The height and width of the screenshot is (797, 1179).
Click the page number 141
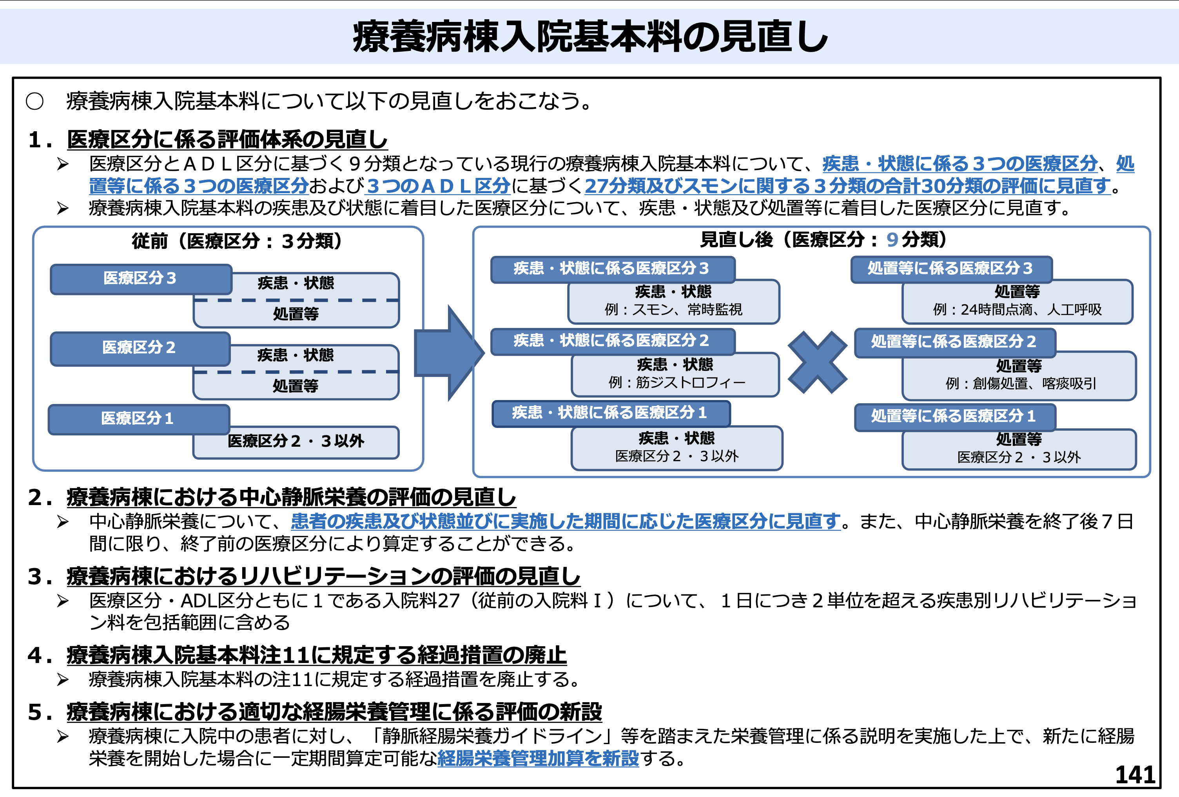[x=1135, y=775]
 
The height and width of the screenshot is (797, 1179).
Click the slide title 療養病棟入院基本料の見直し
[x=589, y=36]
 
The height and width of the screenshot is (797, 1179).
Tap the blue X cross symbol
[x=817, y=362]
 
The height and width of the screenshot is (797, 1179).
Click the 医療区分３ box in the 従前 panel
[x=141, y=279]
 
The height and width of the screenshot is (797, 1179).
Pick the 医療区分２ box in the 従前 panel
[x=140, y=348]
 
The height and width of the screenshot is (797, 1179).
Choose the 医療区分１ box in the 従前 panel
[x=138, y=418]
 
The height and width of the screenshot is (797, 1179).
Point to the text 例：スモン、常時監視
[x=673, y=310]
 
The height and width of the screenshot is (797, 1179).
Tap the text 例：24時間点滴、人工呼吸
[x=1017, y=310]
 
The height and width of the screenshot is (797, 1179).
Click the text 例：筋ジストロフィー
[x=676, y=382]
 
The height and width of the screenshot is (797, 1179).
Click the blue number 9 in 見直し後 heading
[x=892, y=240]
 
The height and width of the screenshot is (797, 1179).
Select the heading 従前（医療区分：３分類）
[x=237, y=241]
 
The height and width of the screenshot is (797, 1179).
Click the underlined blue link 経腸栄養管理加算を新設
[x=538, y=759]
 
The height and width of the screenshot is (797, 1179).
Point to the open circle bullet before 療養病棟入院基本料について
[x=34, y=101]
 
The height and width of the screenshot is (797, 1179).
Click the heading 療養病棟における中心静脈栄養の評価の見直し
[x=291, y=497]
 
